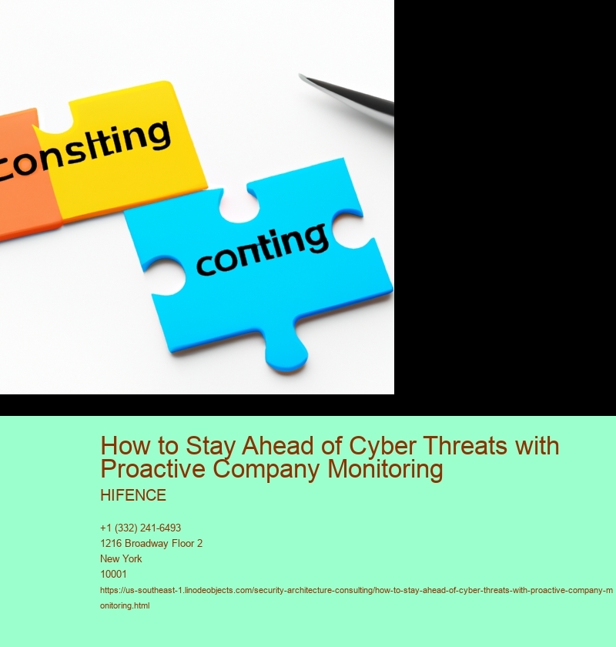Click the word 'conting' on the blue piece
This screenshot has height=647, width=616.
point(263,250)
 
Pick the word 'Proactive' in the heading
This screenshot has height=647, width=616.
point(152,469)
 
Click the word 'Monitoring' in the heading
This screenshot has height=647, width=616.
point(385,470)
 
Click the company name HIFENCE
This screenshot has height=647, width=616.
point(133,495)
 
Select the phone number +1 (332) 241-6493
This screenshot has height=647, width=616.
point(140,528)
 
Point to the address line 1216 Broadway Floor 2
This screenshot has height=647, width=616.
point(151,544)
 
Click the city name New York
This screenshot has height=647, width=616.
point(121,558)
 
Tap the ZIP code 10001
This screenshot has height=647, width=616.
point(113,574)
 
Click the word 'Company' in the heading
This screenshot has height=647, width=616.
point(266,470)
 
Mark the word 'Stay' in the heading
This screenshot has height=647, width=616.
point(210,446)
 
